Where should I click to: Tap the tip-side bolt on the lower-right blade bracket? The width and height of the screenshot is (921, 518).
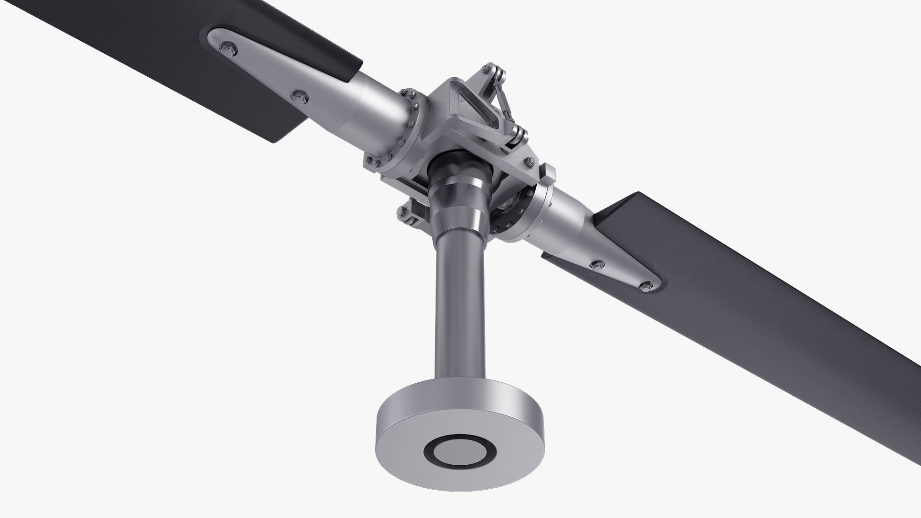pyautogui.click(x=645, y=286)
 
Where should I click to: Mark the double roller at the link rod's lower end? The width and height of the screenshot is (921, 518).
pyautogui.click(x=518, y=134)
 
